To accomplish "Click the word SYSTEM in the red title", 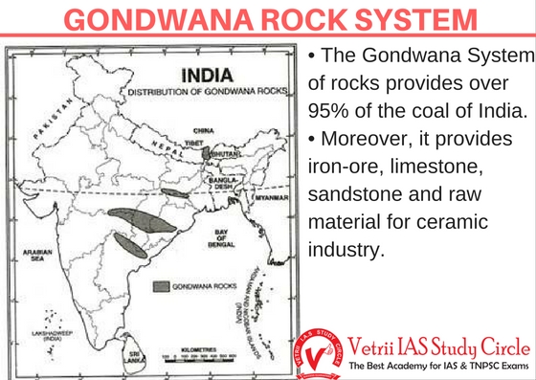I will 412,21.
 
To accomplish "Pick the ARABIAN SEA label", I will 33,256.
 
